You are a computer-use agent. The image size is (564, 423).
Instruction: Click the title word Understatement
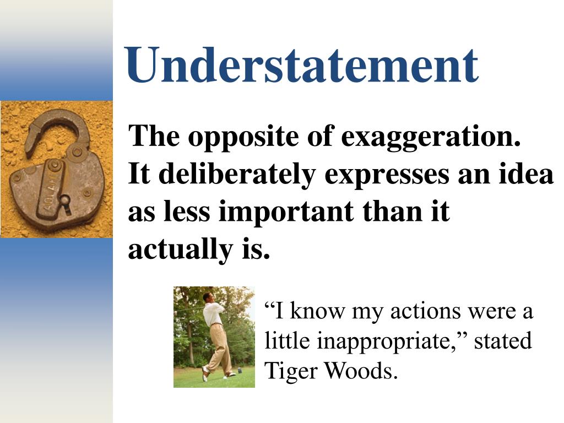point(301,66)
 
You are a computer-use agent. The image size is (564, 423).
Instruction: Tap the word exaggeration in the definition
point(431,137)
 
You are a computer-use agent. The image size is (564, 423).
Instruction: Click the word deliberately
point(237,174)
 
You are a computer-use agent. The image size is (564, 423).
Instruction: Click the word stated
point(503,341)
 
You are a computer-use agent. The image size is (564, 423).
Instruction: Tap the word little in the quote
point(288,341)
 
